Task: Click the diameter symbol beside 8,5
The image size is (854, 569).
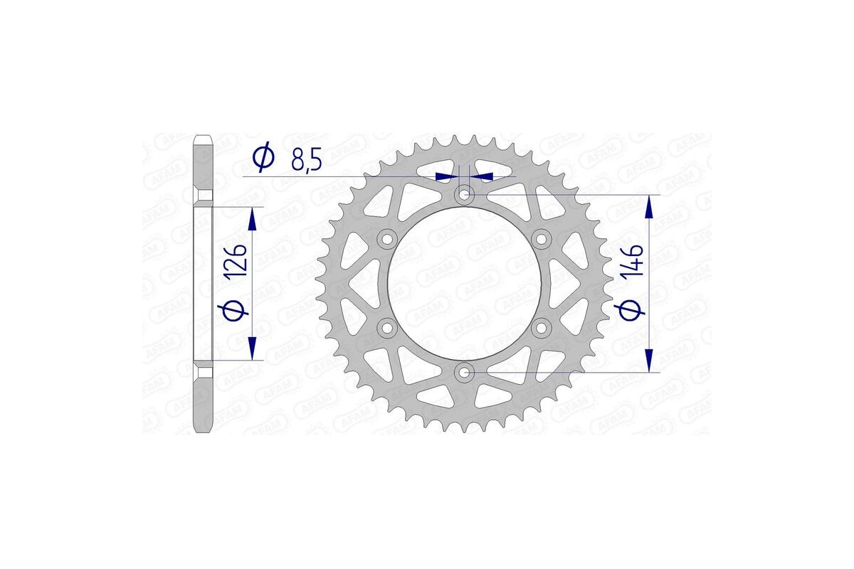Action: (263, 156)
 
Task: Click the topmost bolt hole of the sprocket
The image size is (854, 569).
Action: (464, 194)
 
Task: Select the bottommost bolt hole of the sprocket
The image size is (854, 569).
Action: (464, 371)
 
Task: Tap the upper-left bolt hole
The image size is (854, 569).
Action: (387, 238)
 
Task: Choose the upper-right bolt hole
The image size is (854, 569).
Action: (541, 238)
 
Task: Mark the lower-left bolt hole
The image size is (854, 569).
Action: (387, 327)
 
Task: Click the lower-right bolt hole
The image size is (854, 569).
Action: (541, 327)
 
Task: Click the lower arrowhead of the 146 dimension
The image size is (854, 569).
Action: (649, 360)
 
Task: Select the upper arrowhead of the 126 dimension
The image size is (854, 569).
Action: (252, 219)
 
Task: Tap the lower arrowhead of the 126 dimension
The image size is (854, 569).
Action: (252, 349)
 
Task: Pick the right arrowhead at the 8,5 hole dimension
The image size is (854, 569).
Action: (483, 175)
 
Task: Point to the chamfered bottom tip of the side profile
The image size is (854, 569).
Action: (204, 429)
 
